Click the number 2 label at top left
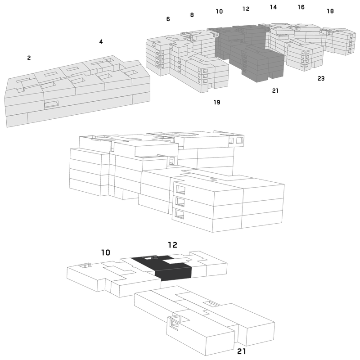pyautogui.click(x=29, y=58)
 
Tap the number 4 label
pyautogui.click(x=101, y=41)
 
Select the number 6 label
pyautogui.click(x=168, y=19)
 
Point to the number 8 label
pyautogui.click(x=192, y=15)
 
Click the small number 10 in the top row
pyautogui.click(x=219, y=11)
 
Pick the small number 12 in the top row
pyautogui.click(x=246, y=9)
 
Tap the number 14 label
pyautogui.click(x=273, y=7)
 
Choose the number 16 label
pyautogui.click(x=301, y=7)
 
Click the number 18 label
pyautogui.click(x=330, y=11)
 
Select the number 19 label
pyautogui.click(x=217, y=102)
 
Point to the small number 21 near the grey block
pyautogui.click(x=275, y=91)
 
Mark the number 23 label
pyautogui.click(x=321, y=78)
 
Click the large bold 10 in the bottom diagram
pyautogui.click(x=106, y=252)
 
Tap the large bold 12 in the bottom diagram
pyautogui.click(x=172, y=245)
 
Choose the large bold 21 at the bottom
pyautogui.click(x=242, y=351)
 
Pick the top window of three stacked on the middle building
pyautogui.click(x=180, y=189)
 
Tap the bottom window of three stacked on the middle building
pyautogui.click(x=179, y=214)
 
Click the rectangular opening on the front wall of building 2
pyautogui.click(x=51, y=104)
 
